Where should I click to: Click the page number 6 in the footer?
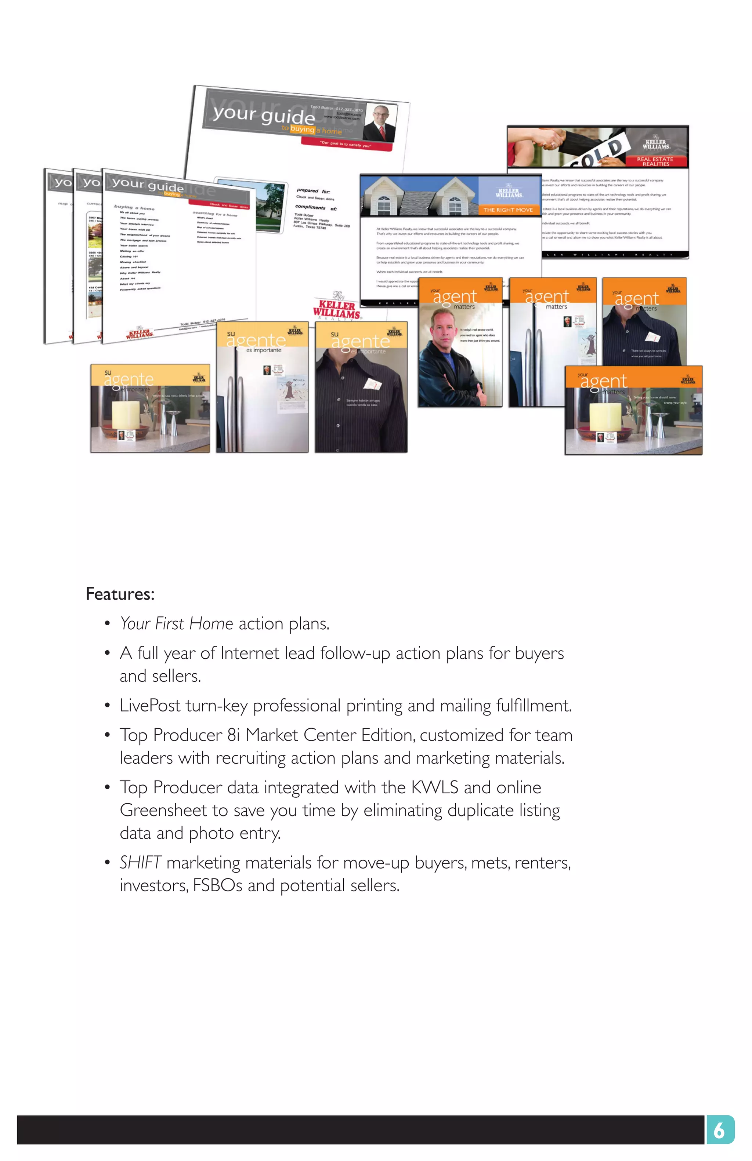[x=719, y=1130]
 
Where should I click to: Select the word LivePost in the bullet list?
[x=150, y=705]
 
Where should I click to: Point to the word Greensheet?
[x=163, y=810]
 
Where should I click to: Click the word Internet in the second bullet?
[x=249, y=653]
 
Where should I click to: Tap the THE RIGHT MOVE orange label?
[x=507, y=210]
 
